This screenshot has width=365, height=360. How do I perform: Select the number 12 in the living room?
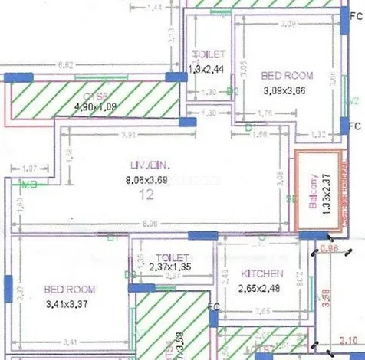coord(146,194)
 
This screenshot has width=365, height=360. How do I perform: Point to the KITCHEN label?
coord(263,273)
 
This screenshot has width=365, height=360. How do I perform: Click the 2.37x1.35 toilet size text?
coord(166,267)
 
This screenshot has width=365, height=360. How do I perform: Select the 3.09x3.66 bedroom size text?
coord(284,90)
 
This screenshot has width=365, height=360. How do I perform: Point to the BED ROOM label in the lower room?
coord(69,290)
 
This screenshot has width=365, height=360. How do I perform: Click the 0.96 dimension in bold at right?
coord(330,249)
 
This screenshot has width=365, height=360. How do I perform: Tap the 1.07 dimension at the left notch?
coord(31,168)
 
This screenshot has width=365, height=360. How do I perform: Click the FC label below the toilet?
coord(214,308)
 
